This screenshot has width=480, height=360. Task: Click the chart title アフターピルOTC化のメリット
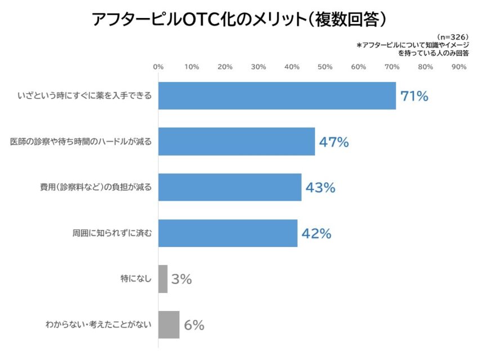[240, 19]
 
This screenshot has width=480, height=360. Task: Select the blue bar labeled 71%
[277, 96]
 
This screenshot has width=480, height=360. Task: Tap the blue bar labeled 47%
[236, 141]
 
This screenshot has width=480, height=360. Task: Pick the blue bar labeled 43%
[230, 187]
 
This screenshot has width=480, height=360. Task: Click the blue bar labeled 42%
[228, 233]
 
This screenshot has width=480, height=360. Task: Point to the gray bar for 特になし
[163, 278]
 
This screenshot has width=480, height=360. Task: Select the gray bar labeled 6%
[169, 325]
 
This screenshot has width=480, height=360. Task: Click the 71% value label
[414, 96]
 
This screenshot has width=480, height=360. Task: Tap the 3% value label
[182, 279]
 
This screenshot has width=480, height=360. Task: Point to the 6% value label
[194, 325]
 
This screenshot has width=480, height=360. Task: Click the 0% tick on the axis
[159, 67]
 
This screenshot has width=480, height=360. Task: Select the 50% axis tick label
[325, 67]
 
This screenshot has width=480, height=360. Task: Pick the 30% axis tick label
[258, 67]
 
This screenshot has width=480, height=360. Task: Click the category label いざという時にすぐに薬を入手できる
[84, 96]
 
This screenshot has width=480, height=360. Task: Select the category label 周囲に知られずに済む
[112, 233]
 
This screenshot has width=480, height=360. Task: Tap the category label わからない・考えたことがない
[98, 325]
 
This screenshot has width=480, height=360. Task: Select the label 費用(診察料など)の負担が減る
[96, 187]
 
